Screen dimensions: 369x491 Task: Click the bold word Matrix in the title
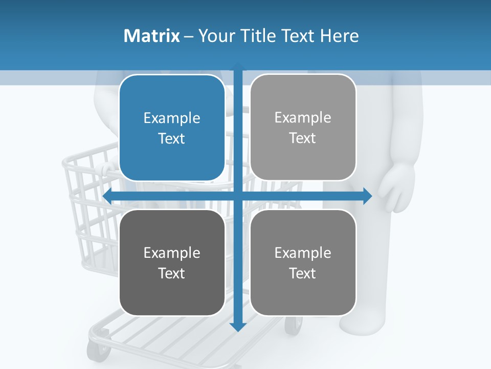click(x=151, y=35)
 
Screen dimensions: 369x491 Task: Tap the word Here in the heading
click(x=340, y=35)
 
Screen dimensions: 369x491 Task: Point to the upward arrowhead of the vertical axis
click(x=238, y=66)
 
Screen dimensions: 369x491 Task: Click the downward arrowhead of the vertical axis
click(x=238, y=326)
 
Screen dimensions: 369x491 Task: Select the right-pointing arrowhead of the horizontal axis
click(x=367, y=196)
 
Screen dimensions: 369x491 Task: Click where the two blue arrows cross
click(x=238, y=196)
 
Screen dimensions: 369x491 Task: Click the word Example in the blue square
click(x=172, y=118)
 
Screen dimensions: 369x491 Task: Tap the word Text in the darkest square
click(x=172, y=273)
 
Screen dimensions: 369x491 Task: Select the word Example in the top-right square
click(x=303, y=118)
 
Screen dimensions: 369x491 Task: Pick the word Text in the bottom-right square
click(x=303, y=273)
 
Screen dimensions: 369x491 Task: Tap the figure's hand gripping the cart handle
click(x=108, y=170)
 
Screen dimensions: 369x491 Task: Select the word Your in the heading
click(x=217, y=35)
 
